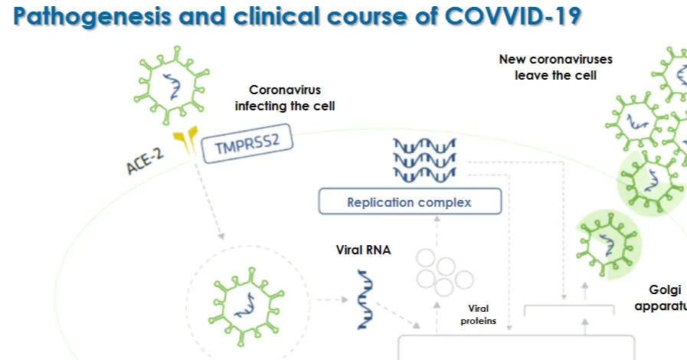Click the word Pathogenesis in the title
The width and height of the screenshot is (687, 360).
[92, 17]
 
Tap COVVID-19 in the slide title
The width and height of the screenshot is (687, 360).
[513, 15]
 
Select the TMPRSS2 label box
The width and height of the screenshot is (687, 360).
[247, 144]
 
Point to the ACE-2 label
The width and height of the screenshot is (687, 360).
[145, 161]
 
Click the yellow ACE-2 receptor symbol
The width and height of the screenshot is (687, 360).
[186, 139]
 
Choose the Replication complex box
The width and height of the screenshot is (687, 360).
[410, 201]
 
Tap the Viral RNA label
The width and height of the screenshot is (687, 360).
[363, 250]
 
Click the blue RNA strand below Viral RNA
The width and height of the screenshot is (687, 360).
[365, 299]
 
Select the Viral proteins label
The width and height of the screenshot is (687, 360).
[478, 315]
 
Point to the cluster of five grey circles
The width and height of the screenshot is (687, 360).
[444, 273]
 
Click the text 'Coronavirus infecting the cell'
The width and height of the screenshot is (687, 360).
[285, 98]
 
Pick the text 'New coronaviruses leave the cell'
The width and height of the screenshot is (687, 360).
[555, 67]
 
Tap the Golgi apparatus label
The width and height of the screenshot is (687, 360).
[662, 298]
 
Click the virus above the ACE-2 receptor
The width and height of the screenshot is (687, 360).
[172, 85]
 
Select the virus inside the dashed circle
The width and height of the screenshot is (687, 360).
[247, 306]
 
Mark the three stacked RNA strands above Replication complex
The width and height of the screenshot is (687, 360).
[424, 160]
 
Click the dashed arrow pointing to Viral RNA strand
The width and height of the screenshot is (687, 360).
[332, 299]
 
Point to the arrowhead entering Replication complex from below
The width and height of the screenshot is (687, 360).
[437, 218]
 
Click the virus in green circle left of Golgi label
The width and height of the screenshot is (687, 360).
[608, 244]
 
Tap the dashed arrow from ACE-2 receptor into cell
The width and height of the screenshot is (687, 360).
[209, 200]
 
